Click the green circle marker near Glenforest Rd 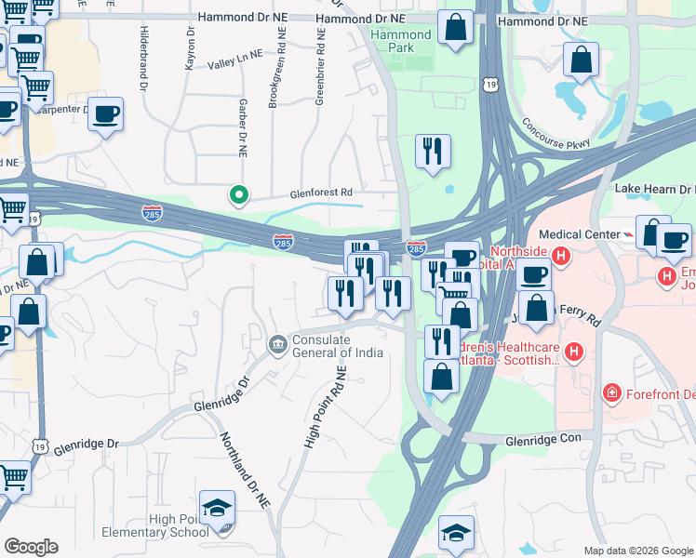pyautogui.click(x=238, y=195)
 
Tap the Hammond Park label pyautogui.click(x=401, y=42)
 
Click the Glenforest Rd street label pyautogui.click(x=320, y=193)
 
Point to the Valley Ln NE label pyautogui.click(x=235, y=62)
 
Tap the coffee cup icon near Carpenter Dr pyautogui.click(x=106, y=113)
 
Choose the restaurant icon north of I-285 pyautogui.click(x=432, y=151)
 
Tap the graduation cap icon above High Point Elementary pyautogui.click(x=217, y=508)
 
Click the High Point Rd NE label pyautogui.click(x=325, y=407)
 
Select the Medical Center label pyautogui.click(x=578, y=234)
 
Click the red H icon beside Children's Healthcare pyautogui.click(x=574, y=352)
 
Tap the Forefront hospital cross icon pyautogui.click(x=611, y=392)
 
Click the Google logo pyautogui.click(x=31, y=547)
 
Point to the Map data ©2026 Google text pyautogui.click(x=637, y=551)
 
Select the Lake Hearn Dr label pyautogui.click(x=655, y=189)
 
